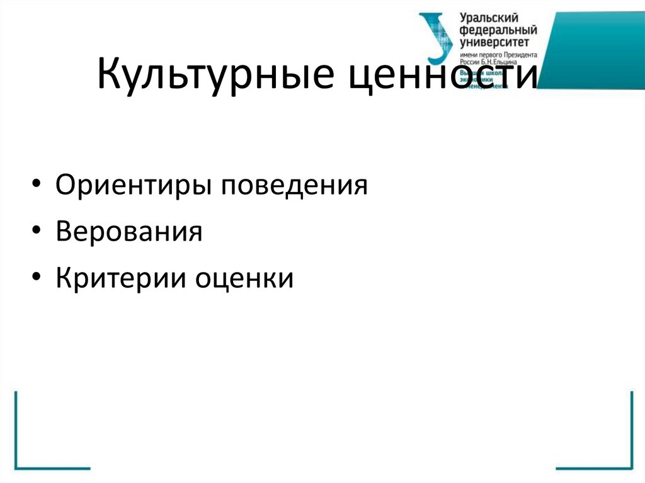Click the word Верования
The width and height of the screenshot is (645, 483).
(x=128, y=232)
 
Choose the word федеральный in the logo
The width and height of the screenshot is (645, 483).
(x=498, y=30)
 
